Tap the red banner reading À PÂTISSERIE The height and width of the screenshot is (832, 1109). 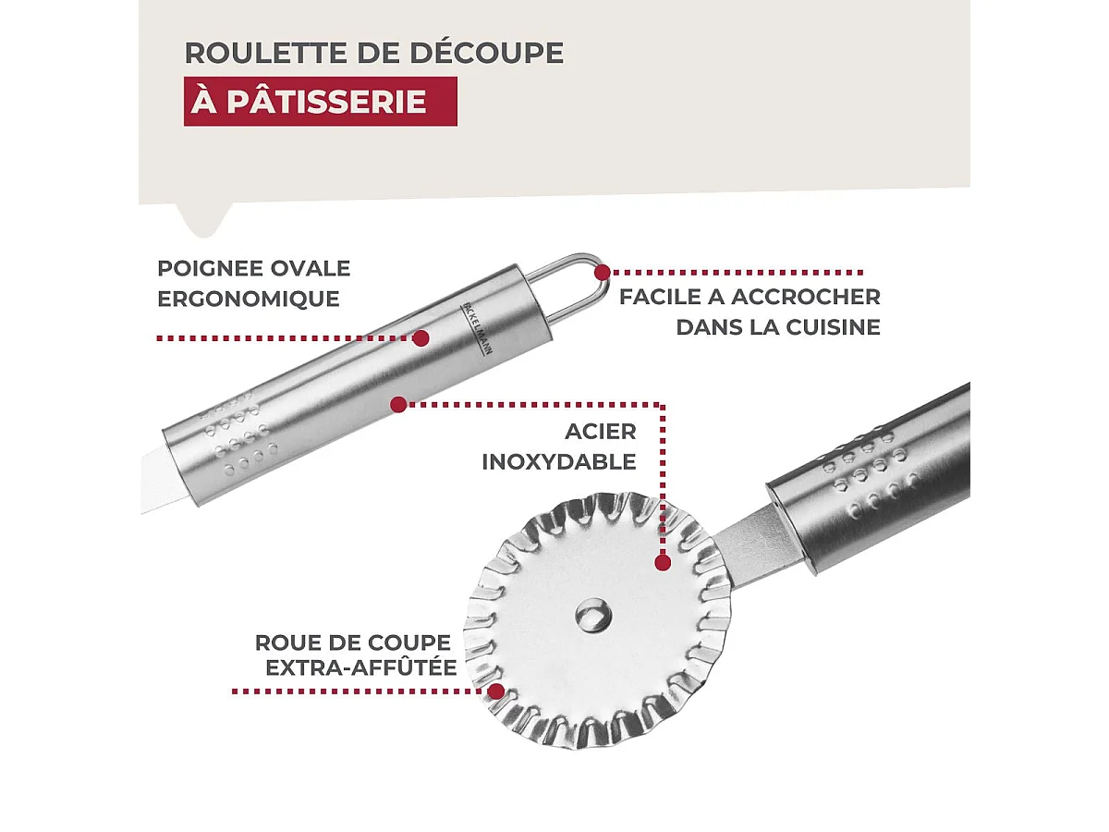(x=320, y=102)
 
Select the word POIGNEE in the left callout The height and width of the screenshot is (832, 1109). (x=200, y=269)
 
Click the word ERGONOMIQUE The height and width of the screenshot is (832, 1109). (x=249, y=300)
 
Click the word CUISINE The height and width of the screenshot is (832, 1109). (x=833, y=327)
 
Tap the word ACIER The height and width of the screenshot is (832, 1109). (x=601, y=432)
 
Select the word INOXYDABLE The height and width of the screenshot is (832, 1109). (x=559, y=462)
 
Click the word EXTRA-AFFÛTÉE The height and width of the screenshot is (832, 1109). (x=361, y=667)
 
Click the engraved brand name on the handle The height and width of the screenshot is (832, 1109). (x=474, y=329)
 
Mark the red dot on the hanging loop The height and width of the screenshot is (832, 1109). (x=603, y=273)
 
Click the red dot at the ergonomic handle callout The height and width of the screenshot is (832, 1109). (x=420, y=338)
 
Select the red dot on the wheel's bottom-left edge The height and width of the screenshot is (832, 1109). (x=495, y=691)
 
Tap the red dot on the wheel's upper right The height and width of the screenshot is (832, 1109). (x=662, y=561)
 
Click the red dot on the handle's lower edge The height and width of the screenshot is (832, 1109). (x=398, y=404)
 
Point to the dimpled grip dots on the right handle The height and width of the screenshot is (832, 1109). (x=869, y=467)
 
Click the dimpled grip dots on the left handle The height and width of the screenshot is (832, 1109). (x=240, y=434)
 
